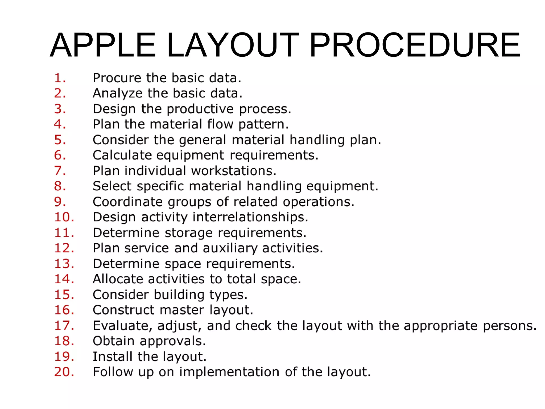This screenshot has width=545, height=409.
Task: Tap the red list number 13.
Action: point(64,264)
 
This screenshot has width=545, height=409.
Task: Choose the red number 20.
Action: point(64,372)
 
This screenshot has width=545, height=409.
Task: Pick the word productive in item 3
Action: point(200,109)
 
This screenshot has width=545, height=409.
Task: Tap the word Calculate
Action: point(122,155)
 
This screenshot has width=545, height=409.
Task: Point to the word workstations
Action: point(233,171)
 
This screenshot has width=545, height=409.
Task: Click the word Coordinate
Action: point(127,202)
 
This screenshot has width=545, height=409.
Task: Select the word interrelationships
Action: point(250,217)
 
